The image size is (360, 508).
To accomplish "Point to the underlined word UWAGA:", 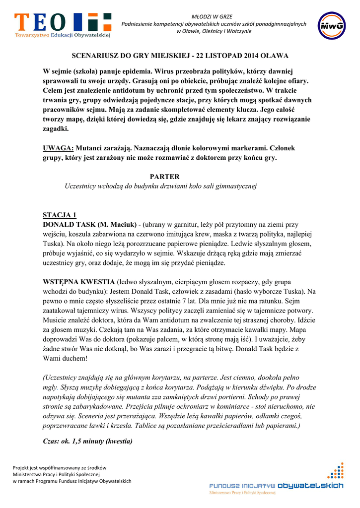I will (58, 148).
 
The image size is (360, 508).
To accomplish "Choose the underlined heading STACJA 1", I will (60, 215).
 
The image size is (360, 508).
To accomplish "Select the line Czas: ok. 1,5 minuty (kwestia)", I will (87, 441).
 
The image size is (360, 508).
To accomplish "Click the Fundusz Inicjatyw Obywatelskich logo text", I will (276, 486).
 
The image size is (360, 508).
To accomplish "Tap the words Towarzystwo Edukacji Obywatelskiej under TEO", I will (63, 35).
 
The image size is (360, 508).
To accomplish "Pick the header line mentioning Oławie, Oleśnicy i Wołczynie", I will (214, 31).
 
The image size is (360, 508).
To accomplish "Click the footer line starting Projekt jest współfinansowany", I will (60, 467).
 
